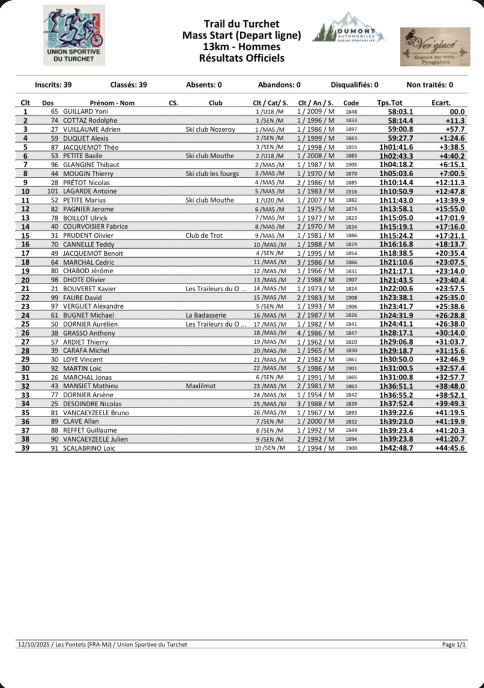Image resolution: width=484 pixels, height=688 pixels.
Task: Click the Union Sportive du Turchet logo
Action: (x=74, y=35)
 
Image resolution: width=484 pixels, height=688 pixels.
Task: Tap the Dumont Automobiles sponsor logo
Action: (x=349, y=29)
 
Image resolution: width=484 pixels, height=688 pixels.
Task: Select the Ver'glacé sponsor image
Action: (x=435, y=46)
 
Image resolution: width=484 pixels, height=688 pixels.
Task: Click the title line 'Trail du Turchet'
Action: (x=242, y=24)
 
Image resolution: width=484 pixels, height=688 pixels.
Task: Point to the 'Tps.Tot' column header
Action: (x=390, y=102)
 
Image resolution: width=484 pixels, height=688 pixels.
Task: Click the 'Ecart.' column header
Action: (x=441, y=102)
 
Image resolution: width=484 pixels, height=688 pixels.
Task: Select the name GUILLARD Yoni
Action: (x=86, y=111)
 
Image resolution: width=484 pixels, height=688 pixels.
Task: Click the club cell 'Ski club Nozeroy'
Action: (x=211, y=129)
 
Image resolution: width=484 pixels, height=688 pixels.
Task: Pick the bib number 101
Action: (x=52, y=191)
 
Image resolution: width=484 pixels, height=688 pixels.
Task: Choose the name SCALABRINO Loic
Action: (x=89, y=448)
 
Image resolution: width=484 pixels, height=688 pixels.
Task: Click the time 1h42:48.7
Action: (x=396, y=448)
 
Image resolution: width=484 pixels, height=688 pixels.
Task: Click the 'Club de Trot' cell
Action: (x=204, y=236)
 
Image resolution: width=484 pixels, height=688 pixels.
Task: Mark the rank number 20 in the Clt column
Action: (x=25, y=280)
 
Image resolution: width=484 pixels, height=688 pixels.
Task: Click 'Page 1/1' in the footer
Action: (x=453, y=644)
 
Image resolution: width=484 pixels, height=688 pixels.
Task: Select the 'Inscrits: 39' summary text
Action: (x=53, y=85)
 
